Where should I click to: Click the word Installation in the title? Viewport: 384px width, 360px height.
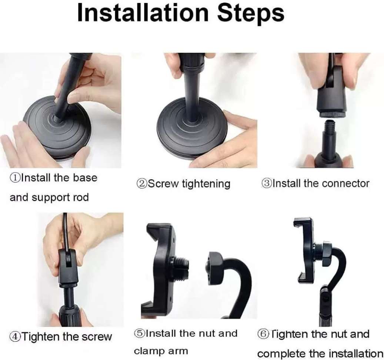[142, 14]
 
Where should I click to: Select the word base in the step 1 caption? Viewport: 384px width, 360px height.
[85, 178]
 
